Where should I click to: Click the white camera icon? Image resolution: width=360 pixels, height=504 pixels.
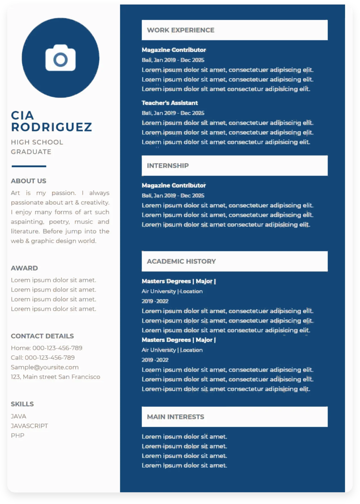coord(60,58)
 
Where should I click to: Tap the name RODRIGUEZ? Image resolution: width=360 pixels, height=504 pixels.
coord(51,127)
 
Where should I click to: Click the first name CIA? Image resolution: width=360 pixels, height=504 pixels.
coord(22,115)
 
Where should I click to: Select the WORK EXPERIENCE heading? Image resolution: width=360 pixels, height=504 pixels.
coord(181,30)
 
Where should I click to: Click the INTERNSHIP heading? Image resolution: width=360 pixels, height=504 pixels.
coord(168,166)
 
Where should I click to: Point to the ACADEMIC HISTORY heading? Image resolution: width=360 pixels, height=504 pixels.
coord(181,261)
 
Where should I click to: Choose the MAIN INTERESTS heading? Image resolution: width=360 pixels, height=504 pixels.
coord(175,417)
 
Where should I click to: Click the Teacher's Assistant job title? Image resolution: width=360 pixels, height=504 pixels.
coord(170,103)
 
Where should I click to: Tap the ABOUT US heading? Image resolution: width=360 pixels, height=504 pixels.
coord(28,181)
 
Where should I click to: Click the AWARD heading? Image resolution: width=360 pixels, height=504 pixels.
coord(24,268)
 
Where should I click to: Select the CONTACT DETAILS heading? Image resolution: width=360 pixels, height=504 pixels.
coord(42,336)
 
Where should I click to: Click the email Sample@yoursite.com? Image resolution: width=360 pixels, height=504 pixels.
coord(45,367)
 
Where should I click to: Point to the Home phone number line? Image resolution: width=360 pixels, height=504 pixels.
coord(46,348)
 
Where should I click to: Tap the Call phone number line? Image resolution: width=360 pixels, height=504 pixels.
coord(43,358)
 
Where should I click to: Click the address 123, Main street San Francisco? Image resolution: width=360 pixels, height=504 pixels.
coord(55,377)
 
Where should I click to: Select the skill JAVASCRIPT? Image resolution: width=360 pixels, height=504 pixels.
coord(29,426)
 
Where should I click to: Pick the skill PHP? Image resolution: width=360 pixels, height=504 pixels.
coord(17,435)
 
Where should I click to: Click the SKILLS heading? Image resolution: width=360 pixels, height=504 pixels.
coord(22,404)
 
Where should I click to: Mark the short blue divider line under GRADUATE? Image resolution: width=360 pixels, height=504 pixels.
coord(29,166)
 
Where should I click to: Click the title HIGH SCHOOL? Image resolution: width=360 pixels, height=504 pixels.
coord(37,142)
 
